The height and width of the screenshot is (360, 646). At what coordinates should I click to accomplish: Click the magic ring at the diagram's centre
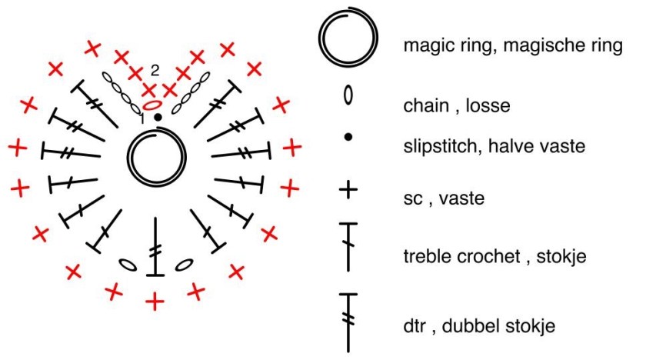156,156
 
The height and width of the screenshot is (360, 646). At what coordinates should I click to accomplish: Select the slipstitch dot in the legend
348,137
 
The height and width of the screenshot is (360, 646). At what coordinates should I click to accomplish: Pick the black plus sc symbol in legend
348,189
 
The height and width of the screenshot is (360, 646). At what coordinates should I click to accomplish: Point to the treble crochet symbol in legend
349,245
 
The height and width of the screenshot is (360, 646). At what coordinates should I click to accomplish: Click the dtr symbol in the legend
349,320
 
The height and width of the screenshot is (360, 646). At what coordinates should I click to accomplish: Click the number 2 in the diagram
155,70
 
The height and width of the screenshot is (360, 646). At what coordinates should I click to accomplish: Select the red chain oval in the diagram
152,103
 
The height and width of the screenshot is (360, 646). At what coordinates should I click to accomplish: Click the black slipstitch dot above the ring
158,117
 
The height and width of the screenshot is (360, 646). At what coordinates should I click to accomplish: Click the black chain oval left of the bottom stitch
128,265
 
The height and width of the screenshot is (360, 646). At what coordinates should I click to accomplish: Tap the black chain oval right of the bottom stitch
183,265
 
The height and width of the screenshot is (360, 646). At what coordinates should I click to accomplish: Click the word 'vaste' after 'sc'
462,199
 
